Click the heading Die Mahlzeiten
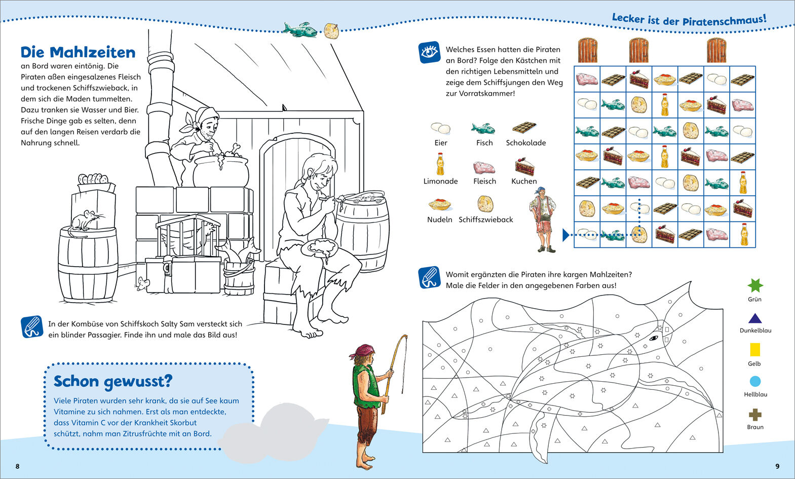click(78, 53)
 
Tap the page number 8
click(17, 466)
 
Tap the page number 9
click(777, 466)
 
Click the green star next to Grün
click(755, 285)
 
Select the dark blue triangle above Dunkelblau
click(755, 318)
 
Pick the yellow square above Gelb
click(755, 349)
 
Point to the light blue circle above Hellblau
click(755, 381)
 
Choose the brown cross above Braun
click(755, 415)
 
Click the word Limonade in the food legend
click(440, 181)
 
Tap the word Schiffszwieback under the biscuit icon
click(485, 219)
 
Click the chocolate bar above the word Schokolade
click(524, 127)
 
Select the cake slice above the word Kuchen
click(525, 166)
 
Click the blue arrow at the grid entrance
click(566, 235)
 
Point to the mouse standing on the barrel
click(84, 222)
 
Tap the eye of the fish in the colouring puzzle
click(654, 338)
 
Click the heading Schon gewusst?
click(113, 382)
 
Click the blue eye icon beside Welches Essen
click(430, 53)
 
